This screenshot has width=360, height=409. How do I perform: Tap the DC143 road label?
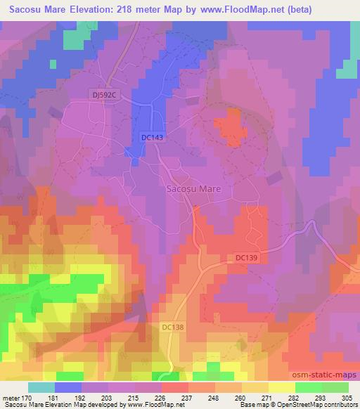151,138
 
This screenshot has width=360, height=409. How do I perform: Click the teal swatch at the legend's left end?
41,387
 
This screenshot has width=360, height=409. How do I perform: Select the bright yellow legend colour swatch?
282,387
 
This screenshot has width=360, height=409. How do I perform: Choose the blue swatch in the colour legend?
68,387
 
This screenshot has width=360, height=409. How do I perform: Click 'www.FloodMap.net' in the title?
229,10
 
